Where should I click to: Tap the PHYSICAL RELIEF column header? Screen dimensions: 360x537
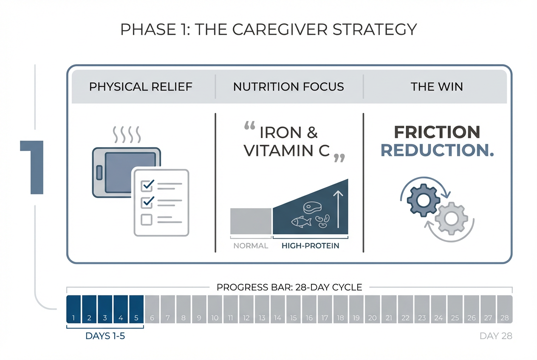coord(141,87)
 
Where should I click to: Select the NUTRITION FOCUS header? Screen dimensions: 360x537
coord(288,87)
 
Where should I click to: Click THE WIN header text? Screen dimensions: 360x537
coord(437,87)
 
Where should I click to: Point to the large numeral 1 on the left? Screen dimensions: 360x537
coord(33,168)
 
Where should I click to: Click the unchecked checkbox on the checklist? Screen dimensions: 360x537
coord(147,219)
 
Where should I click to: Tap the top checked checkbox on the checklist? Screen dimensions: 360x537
coord(147,185)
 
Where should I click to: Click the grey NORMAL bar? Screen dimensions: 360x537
coord(251,221)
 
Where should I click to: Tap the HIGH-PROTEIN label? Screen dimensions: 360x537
coord(310,246)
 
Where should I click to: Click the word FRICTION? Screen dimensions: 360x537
coord(437,132)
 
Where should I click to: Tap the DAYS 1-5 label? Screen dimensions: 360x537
coord(105,336)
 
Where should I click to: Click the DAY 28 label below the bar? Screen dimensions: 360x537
coord(496,336)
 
